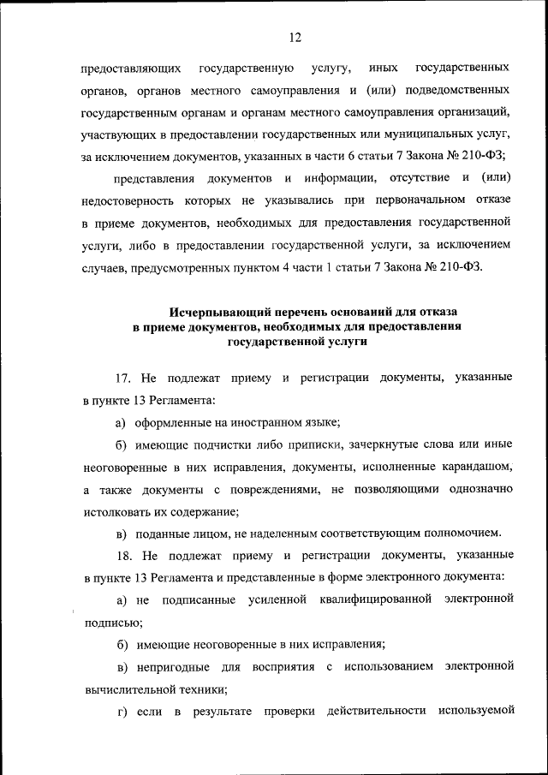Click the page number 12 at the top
(295, 38)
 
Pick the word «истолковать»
(116, 510)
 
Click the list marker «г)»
(121, 710)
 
